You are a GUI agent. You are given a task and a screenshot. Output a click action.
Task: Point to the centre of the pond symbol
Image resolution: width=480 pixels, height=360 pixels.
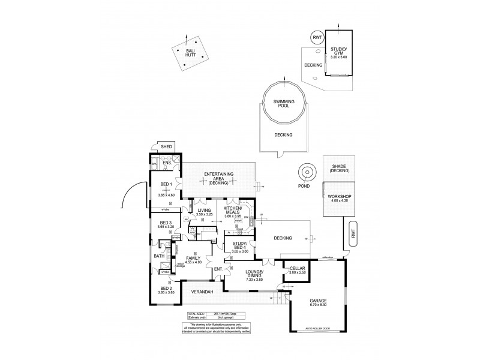pyautogui.click(x=307, y=173)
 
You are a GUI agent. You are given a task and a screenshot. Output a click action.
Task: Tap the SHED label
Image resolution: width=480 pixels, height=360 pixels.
pyautogui.click(x=165, y=147)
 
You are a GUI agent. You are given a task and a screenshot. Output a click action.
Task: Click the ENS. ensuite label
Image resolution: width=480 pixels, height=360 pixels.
pyautogui.click(x=167, y=163)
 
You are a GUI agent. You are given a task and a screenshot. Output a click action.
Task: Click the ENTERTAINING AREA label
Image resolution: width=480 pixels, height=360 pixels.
pyautogui.click(x=218, y=176)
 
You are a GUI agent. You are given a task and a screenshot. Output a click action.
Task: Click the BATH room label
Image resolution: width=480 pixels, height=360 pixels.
pyautogui.click(x=158, y=256)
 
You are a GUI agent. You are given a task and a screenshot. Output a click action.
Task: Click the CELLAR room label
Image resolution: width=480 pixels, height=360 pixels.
pyautogui.click(x=298, y=269)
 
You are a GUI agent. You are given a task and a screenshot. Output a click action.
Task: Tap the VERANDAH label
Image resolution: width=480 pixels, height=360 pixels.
pyautogui.click(x=202, y=292)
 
